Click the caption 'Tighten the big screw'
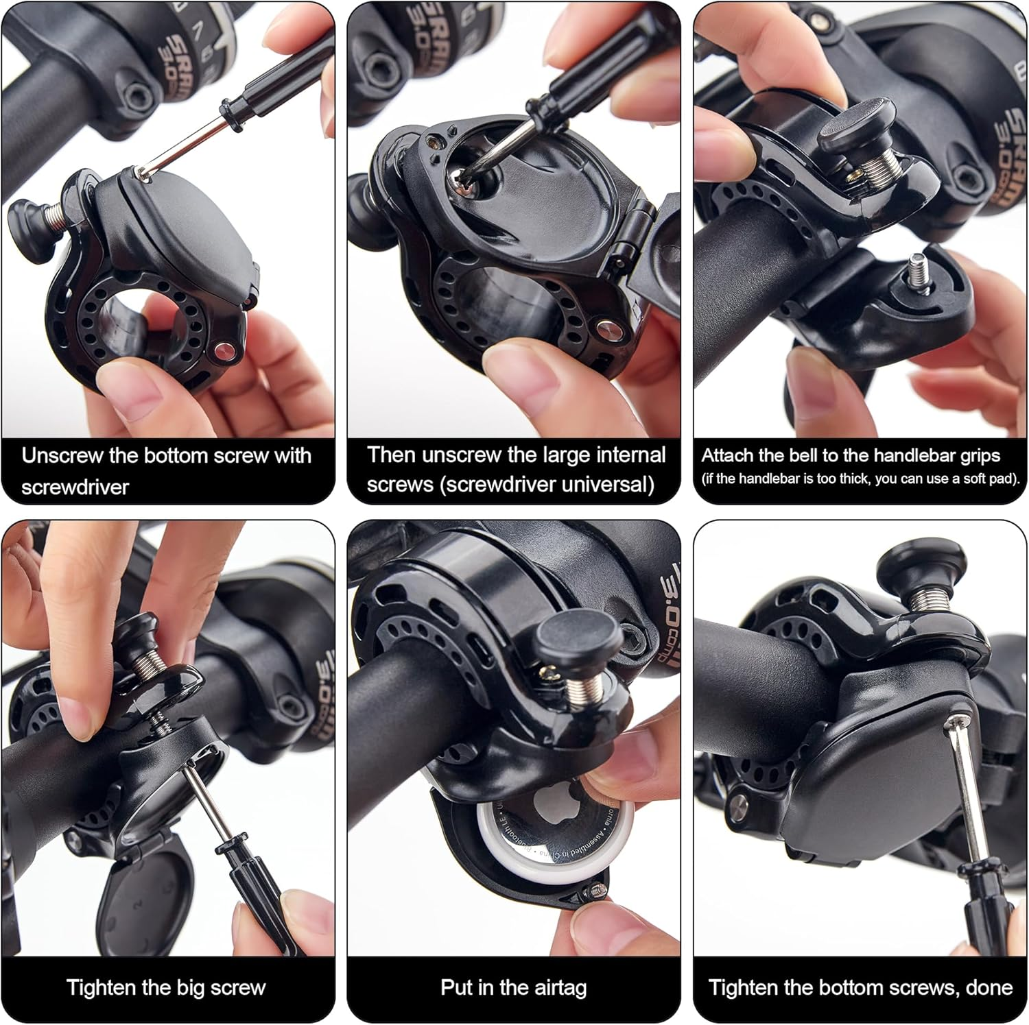click(166, 987)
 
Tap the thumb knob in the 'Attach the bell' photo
click(856, 123)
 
